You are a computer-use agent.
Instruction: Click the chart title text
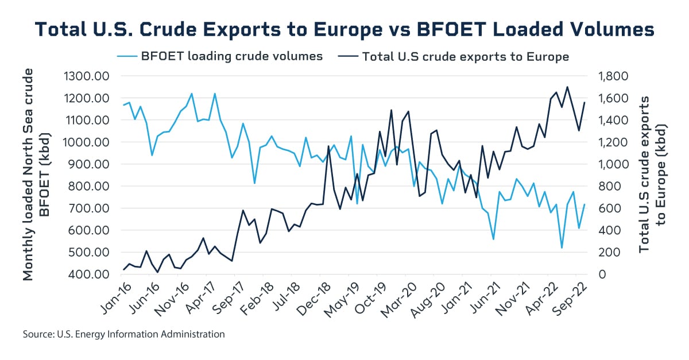pos(344,30)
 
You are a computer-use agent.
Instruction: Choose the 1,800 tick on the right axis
pos(613,76)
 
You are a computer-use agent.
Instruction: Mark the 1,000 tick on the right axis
pos(613,164)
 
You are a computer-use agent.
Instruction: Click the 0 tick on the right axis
pos(602,274)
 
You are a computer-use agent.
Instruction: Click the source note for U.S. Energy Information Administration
pos(123,334)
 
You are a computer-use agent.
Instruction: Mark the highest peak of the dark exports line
pos(567,87)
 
